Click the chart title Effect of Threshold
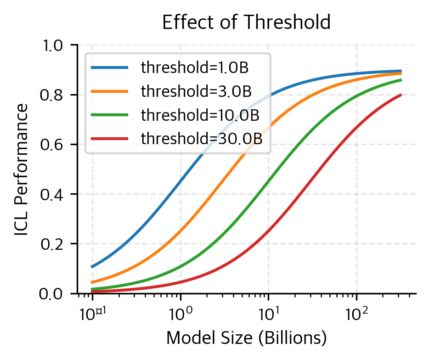(x=247, y=22)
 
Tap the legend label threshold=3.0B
(x=196, y=91)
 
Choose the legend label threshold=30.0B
(x=202, y=139)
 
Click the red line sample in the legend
(x=109, y=139)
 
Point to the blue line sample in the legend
(x=109, y=68)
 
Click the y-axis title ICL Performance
(x=21, y=169)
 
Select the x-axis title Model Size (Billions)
(x=246, y=338)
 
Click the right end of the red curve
(x=401, y=95)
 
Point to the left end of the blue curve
(x=92, y=267)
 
